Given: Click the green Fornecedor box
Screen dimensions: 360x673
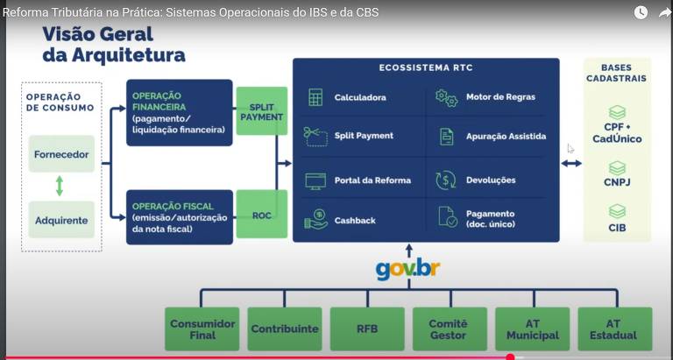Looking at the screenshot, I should click(61, 154).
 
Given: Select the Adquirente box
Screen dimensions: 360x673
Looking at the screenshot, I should click(61, 220).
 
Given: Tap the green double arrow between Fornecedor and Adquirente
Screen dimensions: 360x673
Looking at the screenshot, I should click(60, 187).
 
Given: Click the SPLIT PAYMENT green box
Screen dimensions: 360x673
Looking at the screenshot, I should click(261, 111).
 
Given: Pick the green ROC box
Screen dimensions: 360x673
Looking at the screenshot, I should click(261, 215).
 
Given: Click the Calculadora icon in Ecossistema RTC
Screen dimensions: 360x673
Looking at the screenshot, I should click(315, 97).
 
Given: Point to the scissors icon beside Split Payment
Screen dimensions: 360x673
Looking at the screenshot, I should click(315, 136).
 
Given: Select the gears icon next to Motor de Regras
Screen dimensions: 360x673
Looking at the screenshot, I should click(446, 97).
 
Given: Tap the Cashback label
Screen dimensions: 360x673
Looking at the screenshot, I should click(355, 221).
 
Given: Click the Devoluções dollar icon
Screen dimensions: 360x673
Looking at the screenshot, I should click(446, 180).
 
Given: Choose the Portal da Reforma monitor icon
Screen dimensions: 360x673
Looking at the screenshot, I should click(315, 180).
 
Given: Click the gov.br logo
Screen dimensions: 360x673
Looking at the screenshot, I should click(407, 268).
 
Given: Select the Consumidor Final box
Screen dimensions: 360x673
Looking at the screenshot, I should click(202, 329).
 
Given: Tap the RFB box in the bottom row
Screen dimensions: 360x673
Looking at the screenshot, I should click(367, 329).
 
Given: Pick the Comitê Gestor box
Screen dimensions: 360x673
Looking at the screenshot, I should click(448, 329).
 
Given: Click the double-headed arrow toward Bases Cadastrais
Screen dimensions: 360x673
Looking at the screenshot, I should click(571, 163).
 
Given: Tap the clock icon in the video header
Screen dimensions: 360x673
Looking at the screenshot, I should click(641, 12).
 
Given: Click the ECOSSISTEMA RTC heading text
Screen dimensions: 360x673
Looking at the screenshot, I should click(425, 67).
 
